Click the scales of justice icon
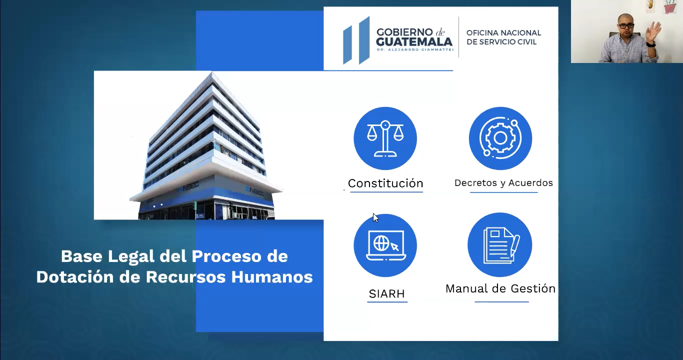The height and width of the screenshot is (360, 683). click(x=385, y=138)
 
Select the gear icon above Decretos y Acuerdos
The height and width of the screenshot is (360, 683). click(x=500, y=138)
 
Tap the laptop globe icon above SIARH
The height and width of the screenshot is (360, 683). click(x=385, y=245)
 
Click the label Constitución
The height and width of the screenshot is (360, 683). click(x=385, y=183)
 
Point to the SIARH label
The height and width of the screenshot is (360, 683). click(x=386, y=293)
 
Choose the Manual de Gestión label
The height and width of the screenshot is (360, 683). click(x=500, y=288)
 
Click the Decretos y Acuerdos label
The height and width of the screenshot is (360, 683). click(x=503, y=183)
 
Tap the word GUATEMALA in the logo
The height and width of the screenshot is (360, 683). click(x=414, y=42)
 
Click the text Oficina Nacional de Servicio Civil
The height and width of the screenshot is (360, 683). click(x=503, y=37)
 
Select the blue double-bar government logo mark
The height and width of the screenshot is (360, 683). click(x=356, y=40)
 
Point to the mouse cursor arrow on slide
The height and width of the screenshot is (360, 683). click(x=375, y=217)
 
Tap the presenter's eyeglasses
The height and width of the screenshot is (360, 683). click(x=626, y=26)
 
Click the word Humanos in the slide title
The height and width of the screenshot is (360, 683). click(x=272, y=277)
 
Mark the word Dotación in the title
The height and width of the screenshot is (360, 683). click(x=75, y=277)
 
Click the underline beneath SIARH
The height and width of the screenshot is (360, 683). click(x=387, y=302)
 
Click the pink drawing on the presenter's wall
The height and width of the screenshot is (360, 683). click(x=670, y=6)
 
